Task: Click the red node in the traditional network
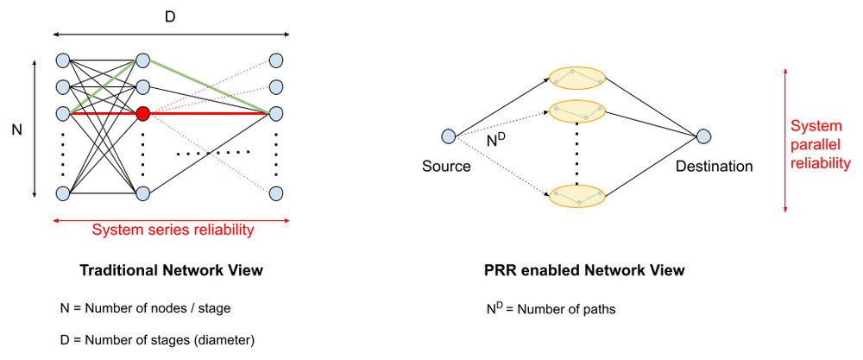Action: pos(143,113)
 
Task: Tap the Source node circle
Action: pos(448,136)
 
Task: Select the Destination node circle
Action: pos(704,136)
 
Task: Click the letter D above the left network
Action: pos(170,16)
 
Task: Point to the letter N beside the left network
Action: pos(16,129)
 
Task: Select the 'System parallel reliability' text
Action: pos(821,143)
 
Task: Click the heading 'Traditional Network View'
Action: pos(171,271)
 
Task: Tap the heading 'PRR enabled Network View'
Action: pos(584,271)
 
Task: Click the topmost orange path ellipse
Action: pos(576,78)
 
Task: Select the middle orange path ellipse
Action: pos(576,111)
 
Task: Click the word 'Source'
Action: pos(446,166)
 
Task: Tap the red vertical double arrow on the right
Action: pos(784,139)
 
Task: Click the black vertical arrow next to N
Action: pos(34,129)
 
